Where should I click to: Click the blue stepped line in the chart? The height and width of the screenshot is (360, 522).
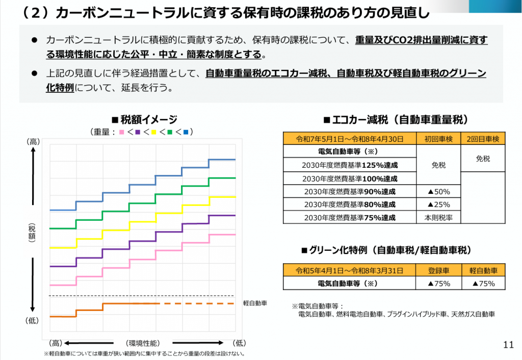143,185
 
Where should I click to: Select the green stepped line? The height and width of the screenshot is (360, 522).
143,202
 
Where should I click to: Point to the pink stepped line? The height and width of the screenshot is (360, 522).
143,259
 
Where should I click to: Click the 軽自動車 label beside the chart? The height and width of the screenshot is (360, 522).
255,303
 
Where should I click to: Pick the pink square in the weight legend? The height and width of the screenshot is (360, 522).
122,133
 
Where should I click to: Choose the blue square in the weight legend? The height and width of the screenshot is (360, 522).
186,133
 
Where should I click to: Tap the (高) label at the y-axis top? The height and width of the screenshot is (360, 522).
33,142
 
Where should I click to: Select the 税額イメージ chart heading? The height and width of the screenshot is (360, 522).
144,120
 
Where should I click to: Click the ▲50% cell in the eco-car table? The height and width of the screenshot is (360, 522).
438,192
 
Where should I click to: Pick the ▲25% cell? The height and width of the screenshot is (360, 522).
438,204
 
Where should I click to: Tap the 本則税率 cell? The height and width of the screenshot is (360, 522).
438,217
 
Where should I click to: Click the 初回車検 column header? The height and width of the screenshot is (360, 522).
438,138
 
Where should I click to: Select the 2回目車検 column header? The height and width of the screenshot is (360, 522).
483,138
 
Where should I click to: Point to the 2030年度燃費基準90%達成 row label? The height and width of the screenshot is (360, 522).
350,192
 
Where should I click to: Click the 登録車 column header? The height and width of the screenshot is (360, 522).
438,271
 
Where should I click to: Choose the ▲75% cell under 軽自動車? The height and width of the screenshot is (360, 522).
483,284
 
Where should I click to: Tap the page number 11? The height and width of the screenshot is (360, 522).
508,344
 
